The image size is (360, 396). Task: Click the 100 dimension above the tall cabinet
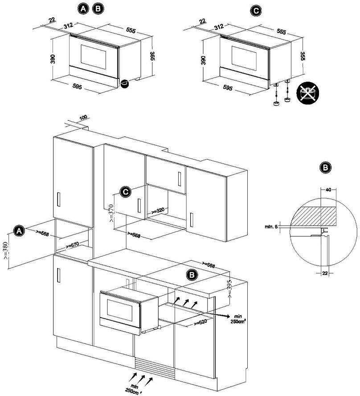[x=83, y=118]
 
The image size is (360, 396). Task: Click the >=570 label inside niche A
[x=73, y=245]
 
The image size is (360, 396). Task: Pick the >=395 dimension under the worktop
[x=230, y=289]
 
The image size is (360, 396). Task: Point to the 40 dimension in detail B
[x=329, y=190]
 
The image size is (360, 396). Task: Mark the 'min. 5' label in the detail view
[x=270, y=227]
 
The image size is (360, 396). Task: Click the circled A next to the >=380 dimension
[x=19, y=231]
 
